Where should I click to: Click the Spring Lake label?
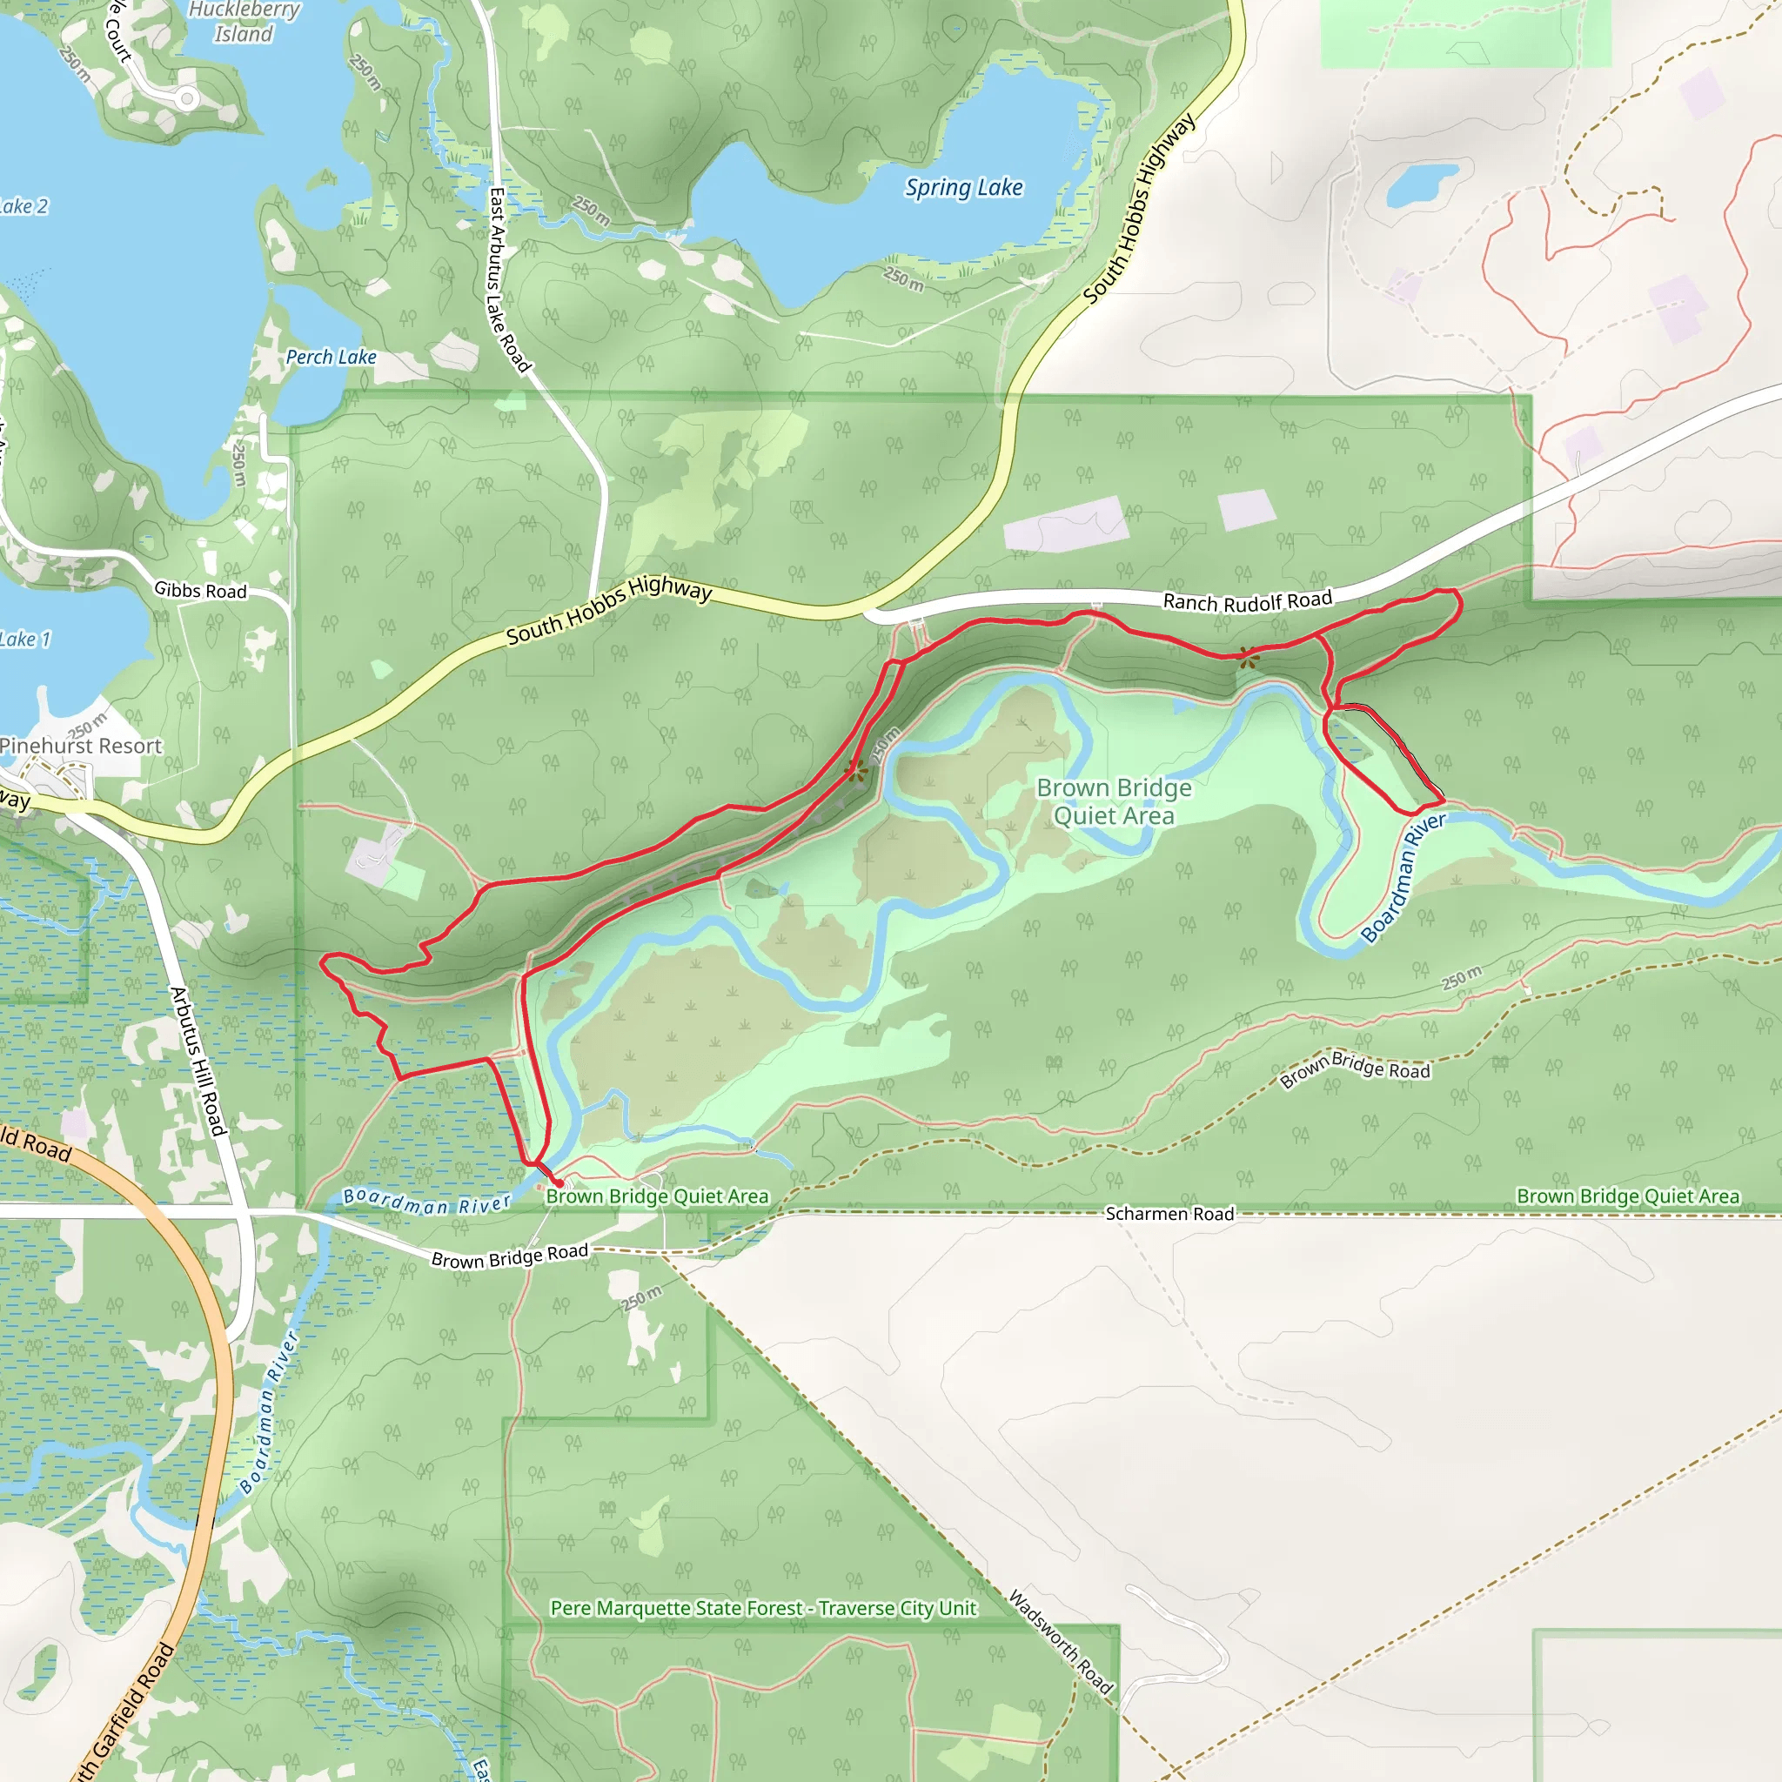(964, 187)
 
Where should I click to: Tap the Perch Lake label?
(330, 357)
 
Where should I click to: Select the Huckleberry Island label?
(245, 22)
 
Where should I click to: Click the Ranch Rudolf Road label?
(1247, 601)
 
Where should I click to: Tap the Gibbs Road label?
(200, 590)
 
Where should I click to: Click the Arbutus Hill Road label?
(198, 1061)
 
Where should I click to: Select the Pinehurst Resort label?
(80, 746)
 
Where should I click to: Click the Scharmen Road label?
(1169, 1214)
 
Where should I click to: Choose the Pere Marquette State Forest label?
(763, 1608)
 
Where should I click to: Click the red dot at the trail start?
(558, 1182)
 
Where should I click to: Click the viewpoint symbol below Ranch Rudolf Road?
(1247, 657)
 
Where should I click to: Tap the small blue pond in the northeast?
(1420, 184)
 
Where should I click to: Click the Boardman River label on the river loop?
(1402, 877)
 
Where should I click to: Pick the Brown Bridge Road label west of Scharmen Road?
(509, 1256)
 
